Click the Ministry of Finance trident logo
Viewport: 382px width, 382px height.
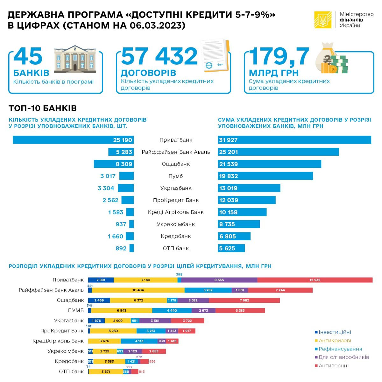tap(323, 20)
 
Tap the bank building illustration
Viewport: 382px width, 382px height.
tap(75, 58)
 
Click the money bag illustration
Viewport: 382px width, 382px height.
tap(331, 60)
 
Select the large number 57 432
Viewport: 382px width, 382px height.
tap(159, 57)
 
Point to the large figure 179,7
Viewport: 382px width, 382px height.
tap(279, 57)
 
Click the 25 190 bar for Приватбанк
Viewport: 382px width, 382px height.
tap(73, 140)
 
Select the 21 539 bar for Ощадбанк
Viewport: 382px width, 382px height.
tap(269, 164)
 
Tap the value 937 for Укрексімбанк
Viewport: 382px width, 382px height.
tap(121, 224)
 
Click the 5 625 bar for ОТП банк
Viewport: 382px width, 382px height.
tap(231, 248)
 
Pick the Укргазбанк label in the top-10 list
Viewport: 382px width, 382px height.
tap(176, 188)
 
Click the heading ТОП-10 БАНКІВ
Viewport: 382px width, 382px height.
tap(43, 108)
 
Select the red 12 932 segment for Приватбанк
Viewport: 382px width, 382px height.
tap(315, 280)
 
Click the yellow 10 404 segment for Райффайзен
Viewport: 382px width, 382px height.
tap(138, 290)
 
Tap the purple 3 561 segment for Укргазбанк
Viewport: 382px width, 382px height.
tap(155, 321)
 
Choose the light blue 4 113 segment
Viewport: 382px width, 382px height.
tap(139, 341)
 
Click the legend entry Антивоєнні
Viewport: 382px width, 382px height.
tap(333, 366)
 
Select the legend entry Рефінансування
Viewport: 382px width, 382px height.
tap(340, 349)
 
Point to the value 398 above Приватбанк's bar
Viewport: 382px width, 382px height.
tap(179, 274)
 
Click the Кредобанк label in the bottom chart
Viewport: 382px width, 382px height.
tap(69, 361)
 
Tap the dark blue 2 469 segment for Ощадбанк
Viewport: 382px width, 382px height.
tap(99, 300)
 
